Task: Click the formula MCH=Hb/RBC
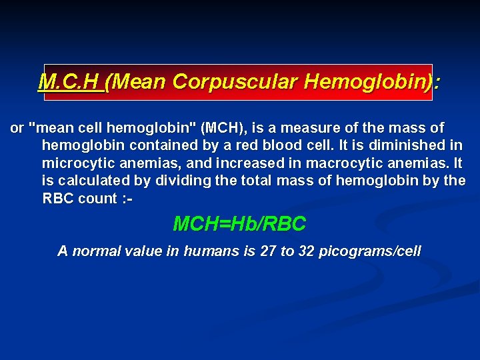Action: pos(239,225)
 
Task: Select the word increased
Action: pos(243,163)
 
